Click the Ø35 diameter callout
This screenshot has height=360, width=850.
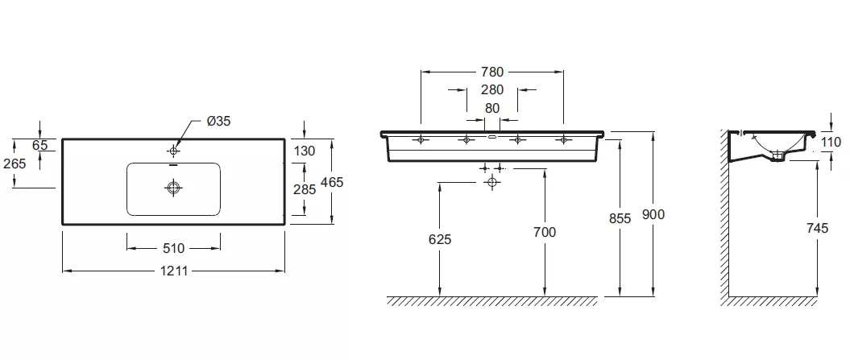[x=218, y=121]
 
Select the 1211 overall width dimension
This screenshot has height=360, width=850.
[x=174, y=271]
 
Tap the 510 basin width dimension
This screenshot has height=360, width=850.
[x=173, y=248]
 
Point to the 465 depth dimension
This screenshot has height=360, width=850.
[x=332, y=182]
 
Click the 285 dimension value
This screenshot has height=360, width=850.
[x=304, y=190]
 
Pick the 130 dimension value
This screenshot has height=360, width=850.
[x=304, y=151]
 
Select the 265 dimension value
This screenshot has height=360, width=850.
[x=14, y=163]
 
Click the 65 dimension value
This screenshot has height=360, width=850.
[x=39, y=145]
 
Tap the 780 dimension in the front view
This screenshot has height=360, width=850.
[x=492, y=72]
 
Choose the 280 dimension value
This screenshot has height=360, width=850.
[x=492, y=89]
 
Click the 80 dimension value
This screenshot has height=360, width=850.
[x=492, y=108]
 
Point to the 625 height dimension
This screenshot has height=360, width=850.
[x=440, y=239]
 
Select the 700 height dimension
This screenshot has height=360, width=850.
[x=545, y=232]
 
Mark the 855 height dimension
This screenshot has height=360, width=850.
[x=620, y=218]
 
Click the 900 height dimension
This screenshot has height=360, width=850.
[x=653, y=215]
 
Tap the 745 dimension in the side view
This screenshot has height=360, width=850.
[x=817, y=228]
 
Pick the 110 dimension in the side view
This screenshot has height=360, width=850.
[x=831, y=142]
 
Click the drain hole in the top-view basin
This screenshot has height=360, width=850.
[x=173, y=188]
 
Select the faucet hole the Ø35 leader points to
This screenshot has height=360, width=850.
[x=174, y=150]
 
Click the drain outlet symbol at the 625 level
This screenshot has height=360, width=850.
[x=491, y=182]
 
